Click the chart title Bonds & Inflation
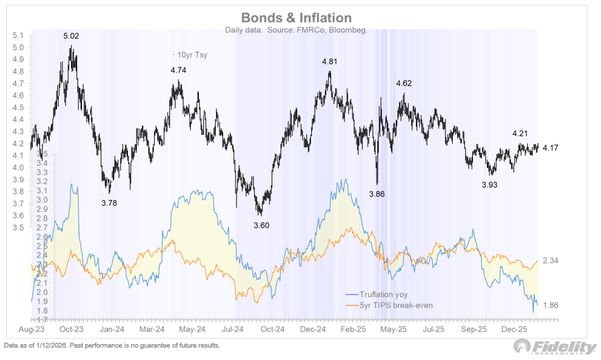296,18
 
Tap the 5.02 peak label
72,36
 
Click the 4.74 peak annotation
179,70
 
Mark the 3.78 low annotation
109,202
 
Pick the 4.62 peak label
403,83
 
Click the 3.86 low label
377,194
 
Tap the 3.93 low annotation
490,184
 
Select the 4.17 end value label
551,147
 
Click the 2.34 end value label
551,260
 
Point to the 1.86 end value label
551,305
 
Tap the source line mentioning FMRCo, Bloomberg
296,30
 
